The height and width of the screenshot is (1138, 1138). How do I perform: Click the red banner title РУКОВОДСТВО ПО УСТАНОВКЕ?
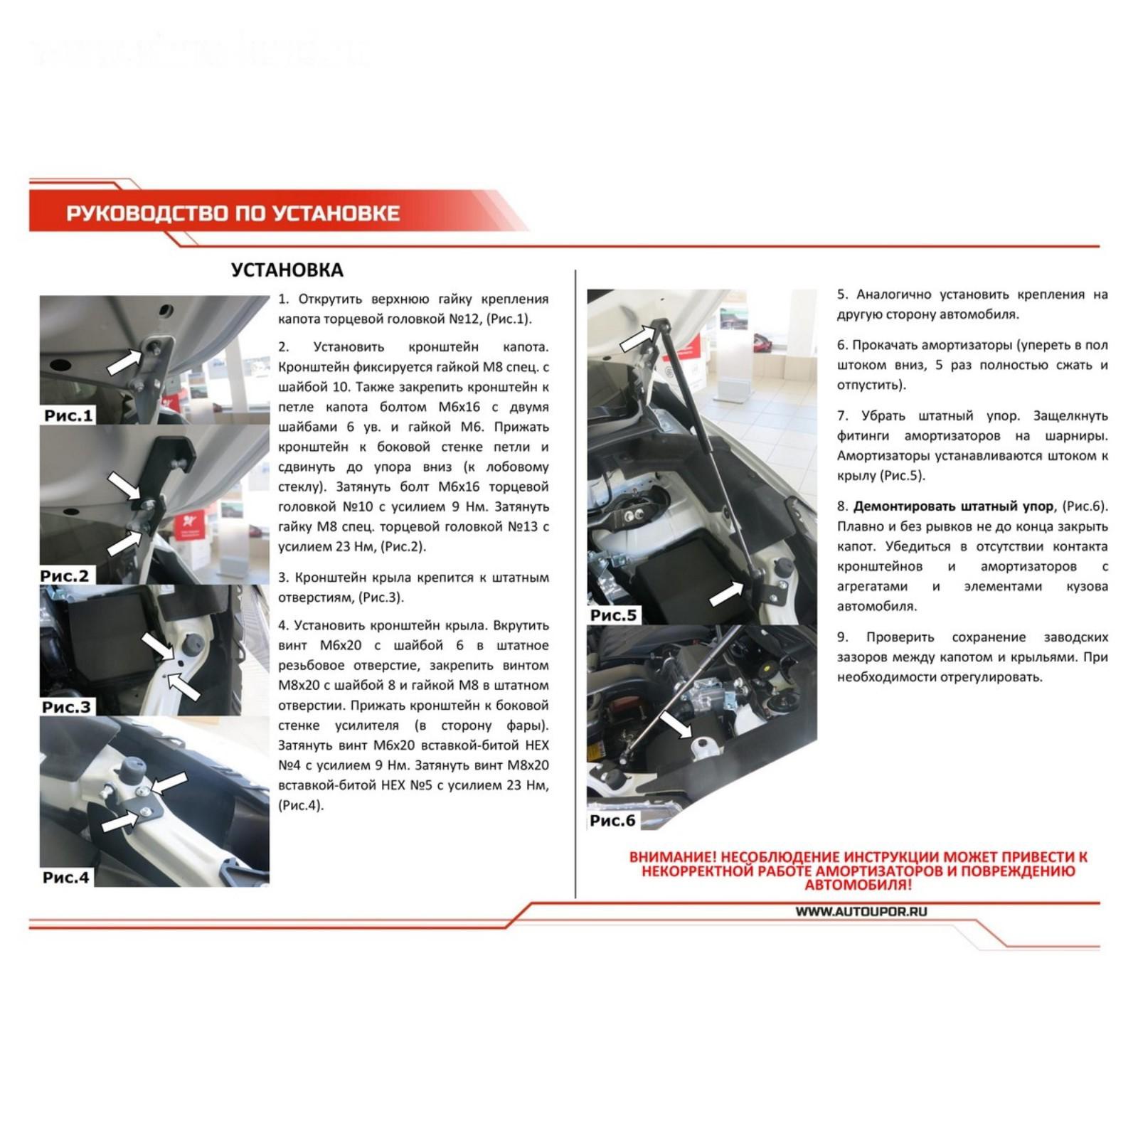tap(233, 213)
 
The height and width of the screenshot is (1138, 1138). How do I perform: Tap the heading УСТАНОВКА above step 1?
tap(287, 270)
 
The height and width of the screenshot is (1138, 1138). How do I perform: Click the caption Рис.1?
tap(68, 415)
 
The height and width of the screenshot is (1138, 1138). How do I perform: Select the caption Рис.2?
tap(65, 575)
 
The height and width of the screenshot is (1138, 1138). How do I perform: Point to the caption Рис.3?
tap(66, 707)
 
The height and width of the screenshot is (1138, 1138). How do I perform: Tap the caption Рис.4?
tap(66, 877)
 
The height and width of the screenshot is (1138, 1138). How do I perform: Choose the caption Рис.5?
tap(613, 615)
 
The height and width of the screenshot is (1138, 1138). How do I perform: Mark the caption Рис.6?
tap(612, 820)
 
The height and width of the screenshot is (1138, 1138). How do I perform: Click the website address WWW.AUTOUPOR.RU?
tap(861, 911)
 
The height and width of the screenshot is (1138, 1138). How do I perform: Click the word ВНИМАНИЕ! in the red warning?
tap(672, 857)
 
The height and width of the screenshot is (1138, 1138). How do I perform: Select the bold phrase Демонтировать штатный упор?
tap(953, 506)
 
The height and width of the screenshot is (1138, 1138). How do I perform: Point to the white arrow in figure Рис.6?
tap(676, 724)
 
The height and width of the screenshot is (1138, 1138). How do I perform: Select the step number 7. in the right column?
tap(843, 415)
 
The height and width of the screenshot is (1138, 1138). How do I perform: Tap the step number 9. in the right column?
tap(843, 637)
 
